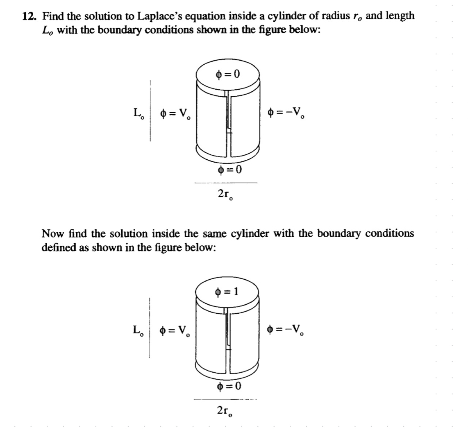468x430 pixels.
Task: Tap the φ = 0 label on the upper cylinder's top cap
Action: tap(228, 75)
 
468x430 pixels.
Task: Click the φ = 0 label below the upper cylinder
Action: tap(228, 170)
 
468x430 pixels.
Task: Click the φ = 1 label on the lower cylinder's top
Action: tap(228, 292)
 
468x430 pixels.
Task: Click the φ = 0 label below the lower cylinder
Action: tap(228, 386)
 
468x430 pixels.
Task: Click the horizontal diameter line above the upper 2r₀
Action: tap(225, 183)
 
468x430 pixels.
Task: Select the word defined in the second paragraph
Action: tap(56, 248)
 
